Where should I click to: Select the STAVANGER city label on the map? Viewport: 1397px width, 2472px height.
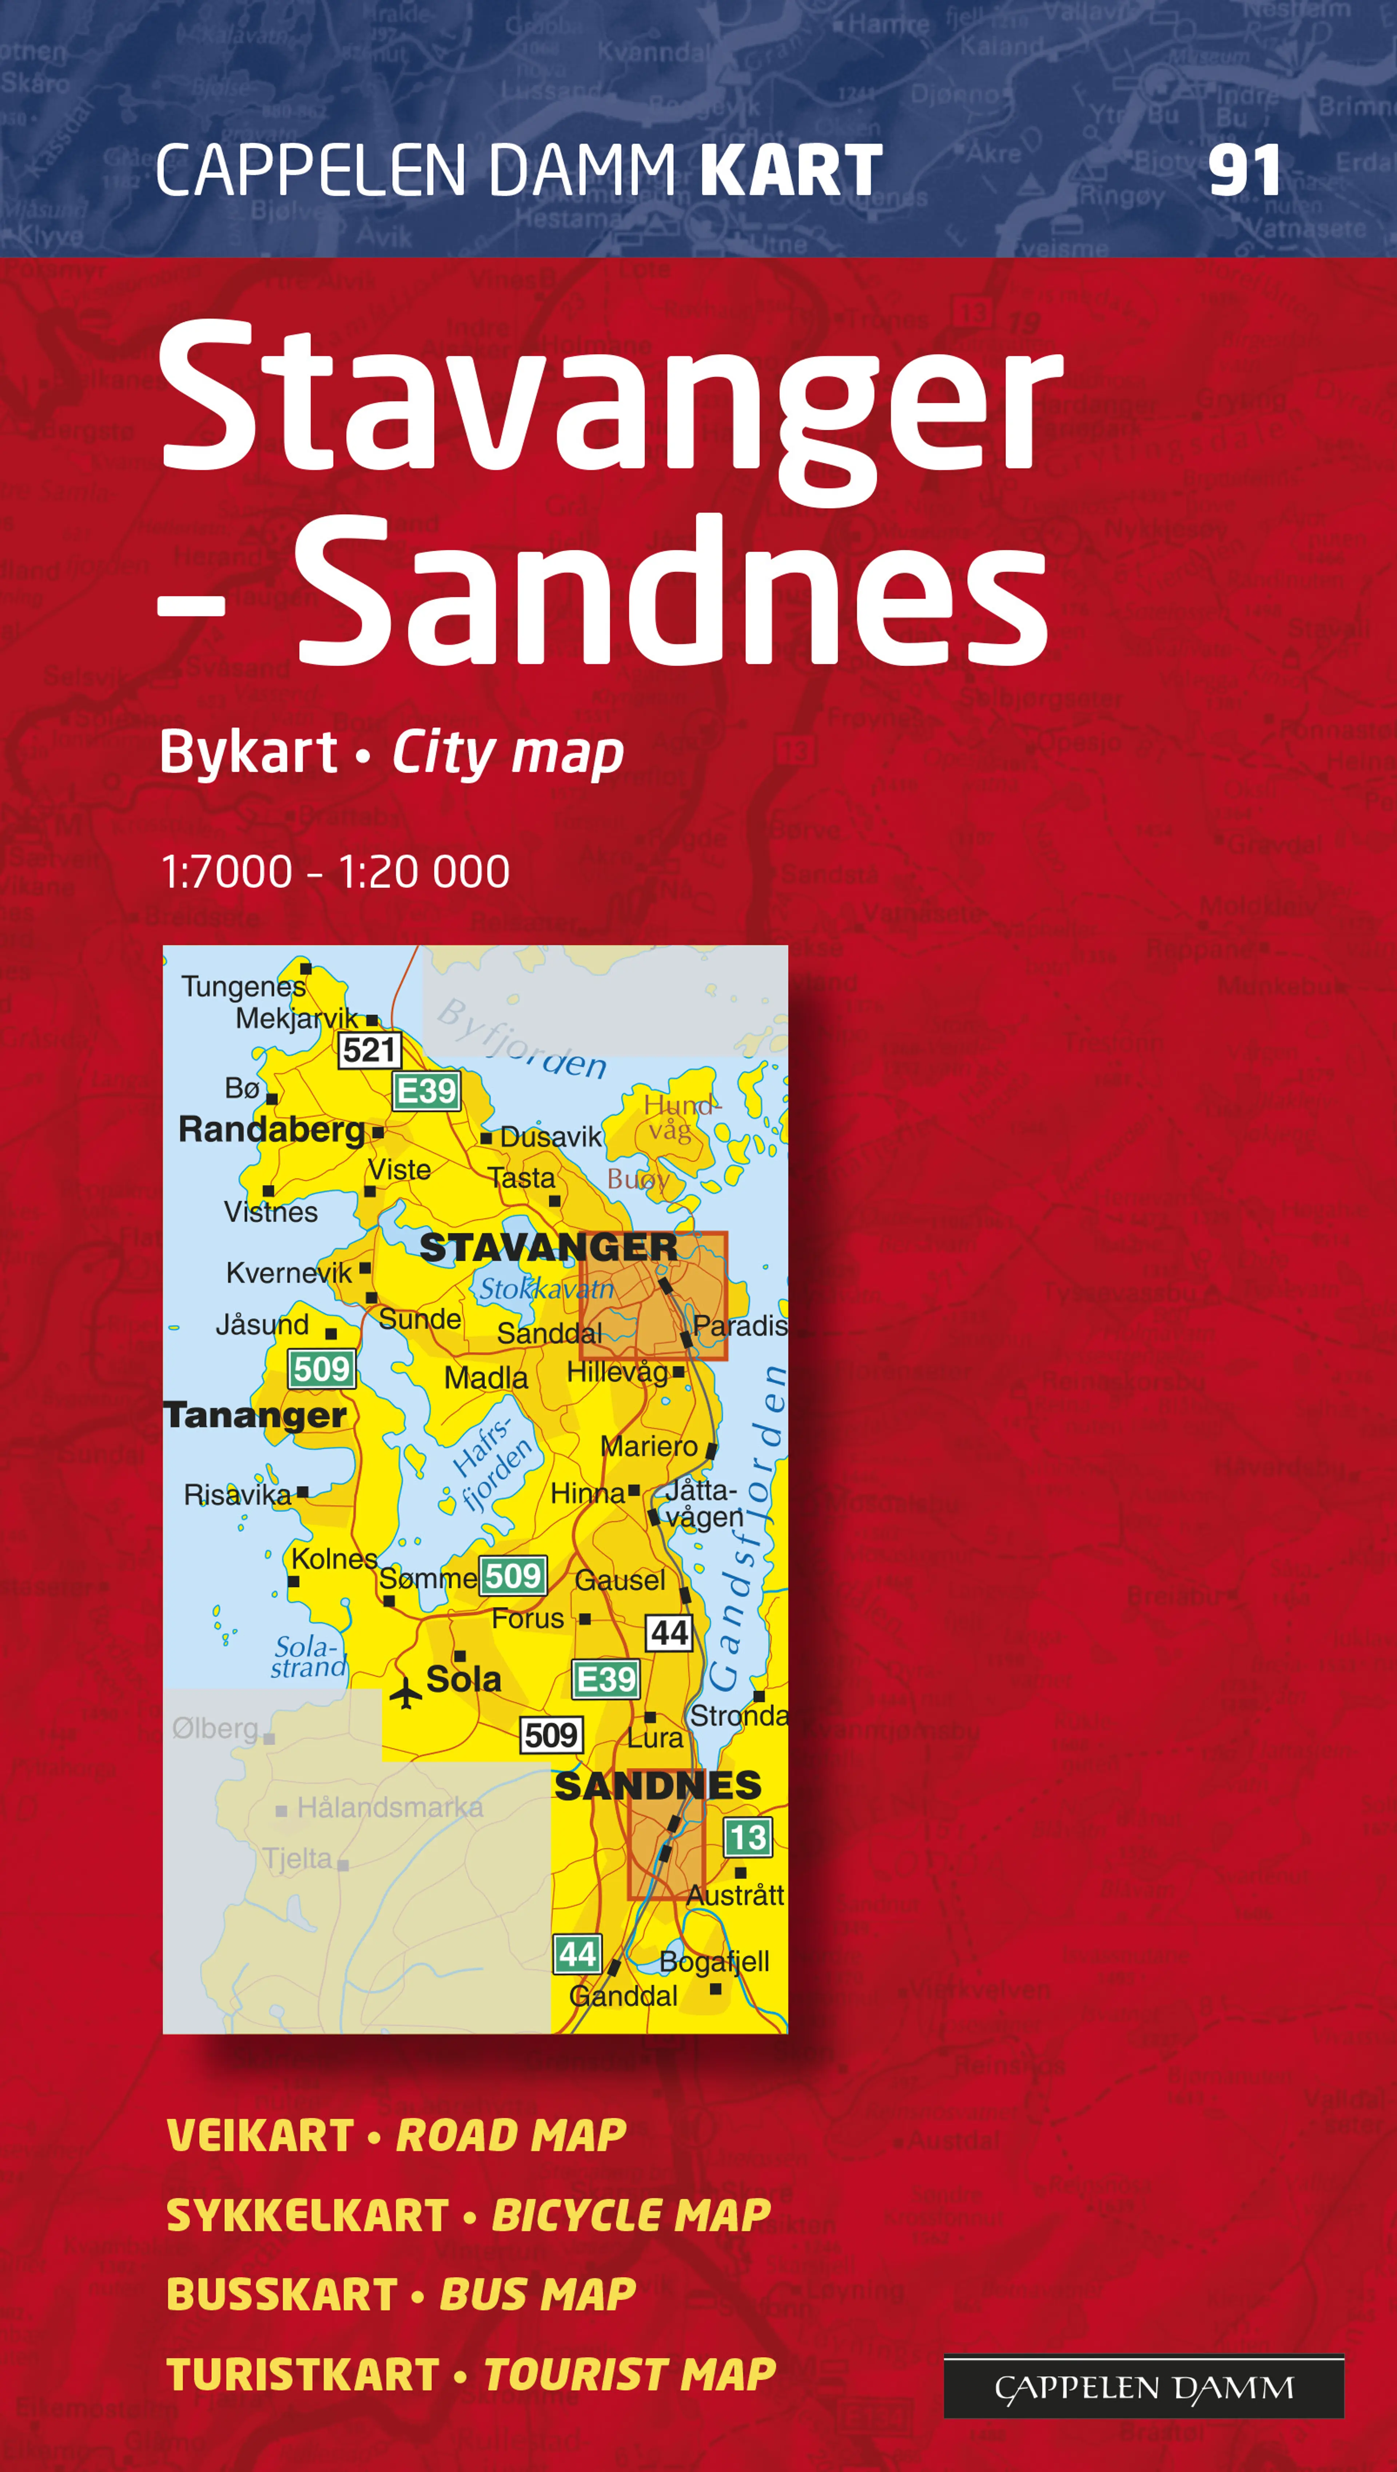tap(548, 1247)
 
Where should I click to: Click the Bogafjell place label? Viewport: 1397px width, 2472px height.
tap(714, 1960)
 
